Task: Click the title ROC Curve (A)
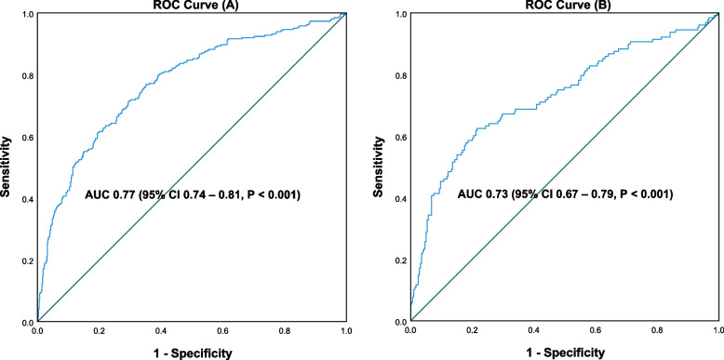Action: pos(191,6)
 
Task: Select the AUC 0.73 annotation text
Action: pos(564,195)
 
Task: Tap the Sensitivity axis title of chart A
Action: pos(8,167)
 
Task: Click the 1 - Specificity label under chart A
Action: pos(191,353)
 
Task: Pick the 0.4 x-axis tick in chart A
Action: pos(160,330)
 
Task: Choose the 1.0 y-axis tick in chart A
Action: pos(27,14)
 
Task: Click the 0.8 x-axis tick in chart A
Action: pos(284,330)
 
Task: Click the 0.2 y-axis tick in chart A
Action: pos(27,260)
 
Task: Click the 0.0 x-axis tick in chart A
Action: pos(37,330)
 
